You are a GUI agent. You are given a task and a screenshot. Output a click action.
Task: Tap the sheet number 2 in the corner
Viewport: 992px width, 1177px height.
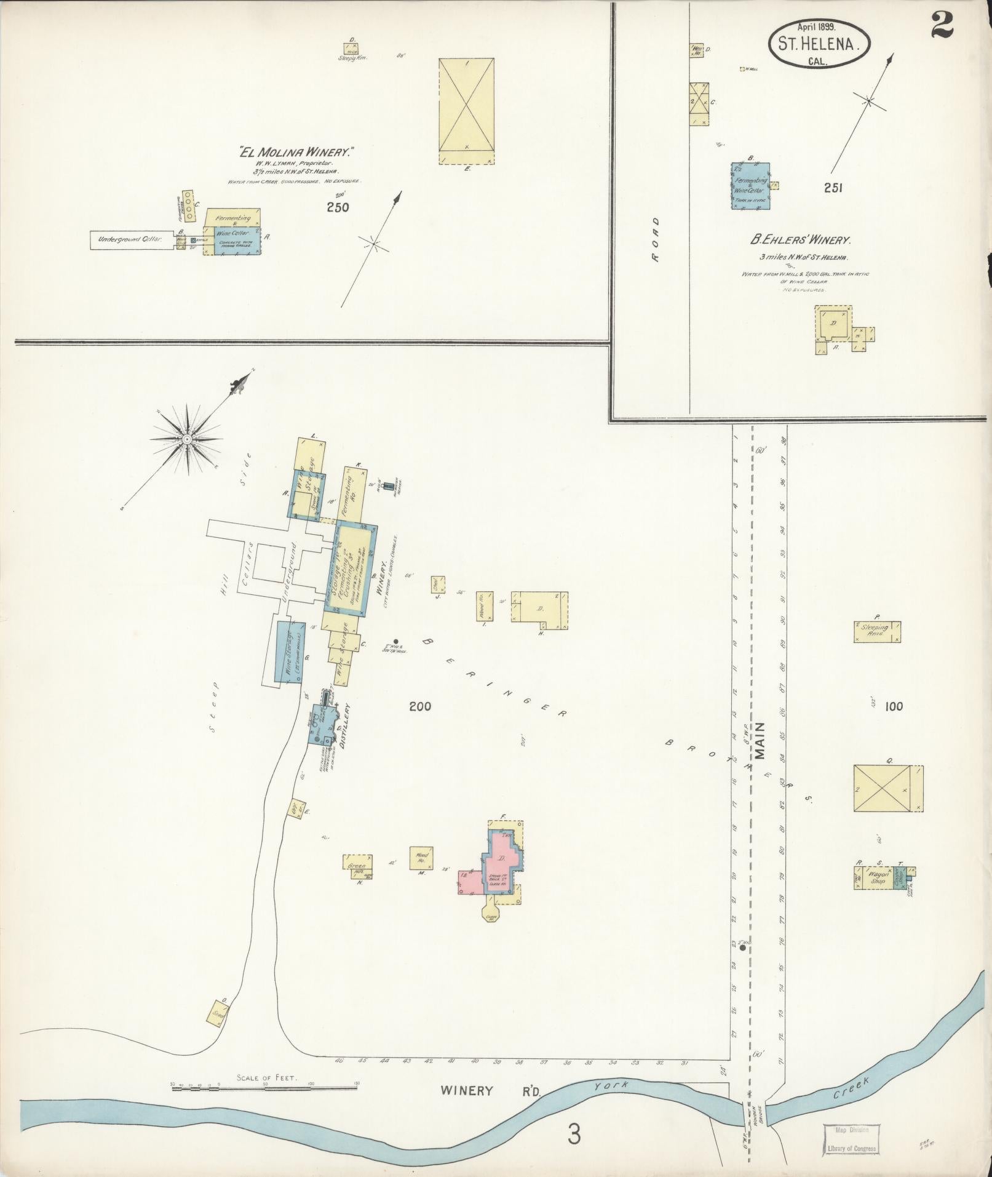(x=942, y=26)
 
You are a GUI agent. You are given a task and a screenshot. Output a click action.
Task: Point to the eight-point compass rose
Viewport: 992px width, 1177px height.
(x=186, y=438)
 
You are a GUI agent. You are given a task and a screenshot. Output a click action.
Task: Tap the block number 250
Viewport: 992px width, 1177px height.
(x=338, y=207)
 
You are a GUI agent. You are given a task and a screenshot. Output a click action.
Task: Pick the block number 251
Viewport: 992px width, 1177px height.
(x=833, y=188)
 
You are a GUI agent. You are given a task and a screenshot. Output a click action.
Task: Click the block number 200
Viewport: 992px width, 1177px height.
(x=421, y=706)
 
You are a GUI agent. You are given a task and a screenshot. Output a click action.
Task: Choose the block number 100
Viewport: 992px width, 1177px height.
(x=894, y=706)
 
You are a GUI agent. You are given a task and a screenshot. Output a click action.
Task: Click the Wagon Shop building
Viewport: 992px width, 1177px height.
(x=878, y=878)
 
